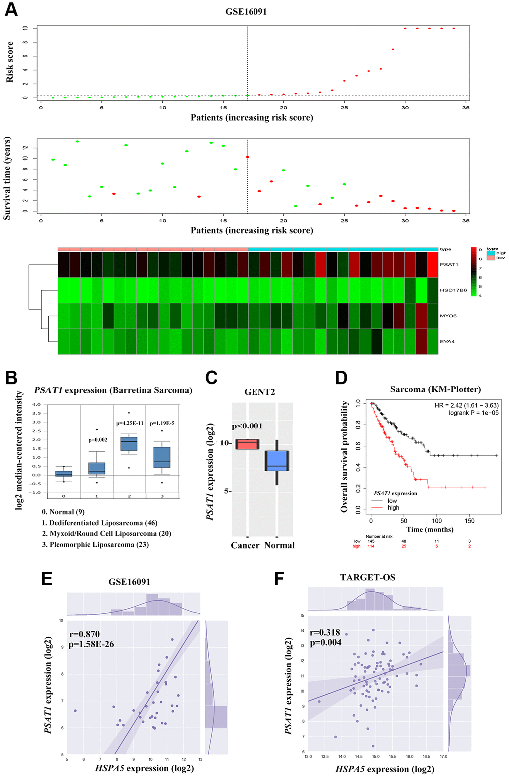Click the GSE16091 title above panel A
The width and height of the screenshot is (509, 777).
tap(246, 11)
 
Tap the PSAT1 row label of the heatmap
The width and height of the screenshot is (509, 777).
tap(449, 264)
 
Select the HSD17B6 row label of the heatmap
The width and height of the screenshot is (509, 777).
tap(453, 290)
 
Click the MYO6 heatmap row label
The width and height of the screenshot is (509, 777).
tap(448, 316)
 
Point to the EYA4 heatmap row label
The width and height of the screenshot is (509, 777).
tap(447, 342)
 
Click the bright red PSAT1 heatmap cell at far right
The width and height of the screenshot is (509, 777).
tap(432, 265)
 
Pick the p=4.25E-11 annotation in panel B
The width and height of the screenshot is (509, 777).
tap(129, 423)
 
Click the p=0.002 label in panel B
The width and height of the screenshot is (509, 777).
tap(97, 440)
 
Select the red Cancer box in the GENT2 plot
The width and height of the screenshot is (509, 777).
tap(247, 444)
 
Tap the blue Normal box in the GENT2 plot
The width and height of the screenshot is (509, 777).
tap(277, 461)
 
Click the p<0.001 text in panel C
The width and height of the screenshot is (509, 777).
tap(247, 426)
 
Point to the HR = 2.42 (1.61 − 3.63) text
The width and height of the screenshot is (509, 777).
tap(466, 405)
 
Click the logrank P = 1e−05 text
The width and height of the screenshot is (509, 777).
tap(473, 413)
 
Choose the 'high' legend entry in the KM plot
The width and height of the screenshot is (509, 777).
tap(393, 508)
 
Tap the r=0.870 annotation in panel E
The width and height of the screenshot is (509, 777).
tap(85, 634)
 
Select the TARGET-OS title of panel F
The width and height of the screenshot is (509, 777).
tap(368, 577)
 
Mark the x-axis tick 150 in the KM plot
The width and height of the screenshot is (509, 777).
tap(470, 521)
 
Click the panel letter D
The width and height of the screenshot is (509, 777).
tap(341, 378)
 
